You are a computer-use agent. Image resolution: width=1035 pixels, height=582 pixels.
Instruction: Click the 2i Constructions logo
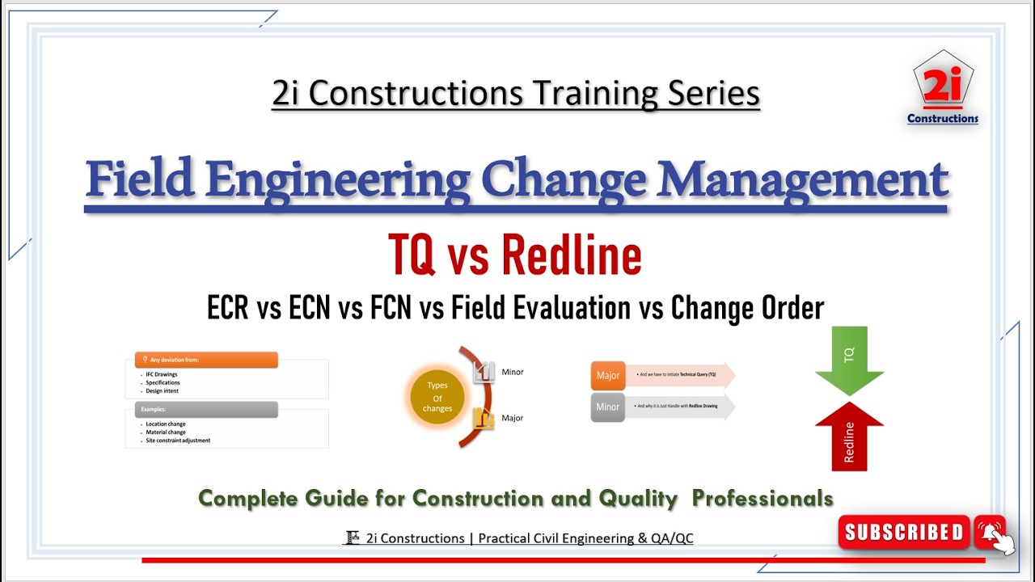(943, 87)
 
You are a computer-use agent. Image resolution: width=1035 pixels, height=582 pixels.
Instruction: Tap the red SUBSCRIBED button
(903, 532)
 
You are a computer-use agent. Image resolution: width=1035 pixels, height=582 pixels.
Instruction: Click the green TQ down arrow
(849, 361)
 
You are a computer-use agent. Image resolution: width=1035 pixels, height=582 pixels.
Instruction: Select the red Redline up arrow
(849, 436)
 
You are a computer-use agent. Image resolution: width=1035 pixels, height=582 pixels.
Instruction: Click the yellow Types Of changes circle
(437, 397)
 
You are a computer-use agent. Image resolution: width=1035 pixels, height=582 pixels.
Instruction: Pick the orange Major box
(608, 376)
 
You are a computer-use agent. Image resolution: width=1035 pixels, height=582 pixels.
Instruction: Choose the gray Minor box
(608, 407)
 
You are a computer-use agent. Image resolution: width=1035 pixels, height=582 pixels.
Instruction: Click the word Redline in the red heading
(571, 255)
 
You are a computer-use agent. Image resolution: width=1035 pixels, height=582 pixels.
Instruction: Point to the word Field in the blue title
(140, 179)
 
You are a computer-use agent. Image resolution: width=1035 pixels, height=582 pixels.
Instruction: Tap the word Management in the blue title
(802, 179)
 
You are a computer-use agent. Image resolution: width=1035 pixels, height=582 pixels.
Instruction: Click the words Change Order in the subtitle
(747, 308)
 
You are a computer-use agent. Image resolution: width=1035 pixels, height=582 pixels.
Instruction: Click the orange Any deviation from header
(207, 360)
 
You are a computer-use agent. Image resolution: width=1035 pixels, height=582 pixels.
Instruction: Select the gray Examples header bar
(207, 410)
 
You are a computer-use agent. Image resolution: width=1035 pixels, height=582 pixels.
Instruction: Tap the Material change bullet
(166, 432)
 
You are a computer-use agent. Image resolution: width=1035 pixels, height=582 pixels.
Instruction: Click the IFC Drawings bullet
(162, 374)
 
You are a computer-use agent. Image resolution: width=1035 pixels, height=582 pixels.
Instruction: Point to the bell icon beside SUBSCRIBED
(990, 532)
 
